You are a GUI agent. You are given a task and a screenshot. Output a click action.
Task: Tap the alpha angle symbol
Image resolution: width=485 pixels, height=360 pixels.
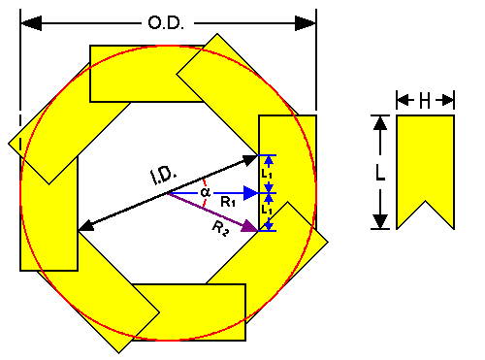click(205, 191)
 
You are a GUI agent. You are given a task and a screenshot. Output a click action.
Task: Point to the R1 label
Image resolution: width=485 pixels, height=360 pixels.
click(227, 203)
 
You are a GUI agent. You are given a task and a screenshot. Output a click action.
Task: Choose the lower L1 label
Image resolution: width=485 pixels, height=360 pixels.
click(269, 210)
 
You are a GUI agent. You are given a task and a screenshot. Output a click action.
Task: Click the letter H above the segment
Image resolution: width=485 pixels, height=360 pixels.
click(425, 98)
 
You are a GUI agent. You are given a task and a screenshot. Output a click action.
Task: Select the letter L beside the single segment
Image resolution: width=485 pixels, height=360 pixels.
click(380, 172)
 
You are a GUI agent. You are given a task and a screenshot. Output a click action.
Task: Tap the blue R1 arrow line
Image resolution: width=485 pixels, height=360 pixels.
click(209, 194)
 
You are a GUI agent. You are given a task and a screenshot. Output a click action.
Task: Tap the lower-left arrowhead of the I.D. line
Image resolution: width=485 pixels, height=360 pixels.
click(85, 227)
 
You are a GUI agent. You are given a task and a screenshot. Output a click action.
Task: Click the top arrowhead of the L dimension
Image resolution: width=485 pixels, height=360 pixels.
click(380, 121)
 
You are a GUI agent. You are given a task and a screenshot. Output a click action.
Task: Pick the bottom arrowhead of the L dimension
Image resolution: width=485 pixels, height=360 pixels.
click(380, 222)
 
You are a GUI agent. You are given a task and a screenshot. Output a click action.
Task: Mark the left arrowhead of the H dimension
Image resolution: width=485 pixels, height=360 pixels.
click(401, 98)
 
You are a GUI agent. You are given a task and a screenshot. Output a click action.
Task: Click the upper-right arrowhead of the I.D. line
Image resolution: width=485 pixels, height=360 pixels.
click(251, 158)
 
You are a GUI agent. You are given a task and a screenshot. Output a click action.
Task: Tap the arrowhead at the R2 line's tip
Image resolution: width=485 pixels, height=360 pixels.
click(252, 229)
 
